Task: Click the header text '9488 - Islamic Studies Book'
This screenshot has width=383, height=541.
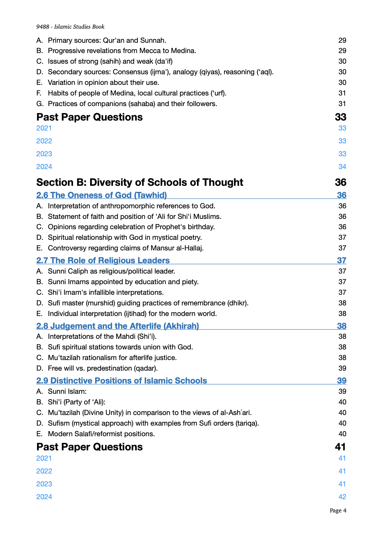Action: click(70, 27)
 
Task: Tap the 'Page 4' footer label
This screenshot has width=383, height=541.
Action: click(338, 510)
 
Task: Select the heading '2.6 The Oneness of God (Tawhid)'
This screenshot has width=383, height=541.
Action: click(101, 195)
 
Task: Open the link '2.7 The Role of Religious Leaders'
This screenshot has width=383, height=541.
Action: click(103, 260)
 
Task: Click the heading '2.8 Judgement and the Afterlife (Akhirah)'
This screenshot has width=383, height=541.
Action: click(117, 326)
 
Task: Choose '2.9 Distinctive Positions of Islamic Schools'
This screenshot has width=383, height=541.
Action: click(122, 381)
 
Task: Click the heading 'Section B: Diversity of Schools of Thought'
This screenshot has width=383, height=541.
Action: click(140, 182)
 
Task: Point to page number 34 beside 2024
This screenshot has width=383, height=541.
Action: click(342, 167)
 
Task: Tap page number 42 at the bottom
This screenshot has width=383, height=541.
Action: click(342, 497)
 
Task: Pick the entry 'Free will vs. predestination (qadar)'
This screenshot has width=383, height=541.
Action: click(103, 368)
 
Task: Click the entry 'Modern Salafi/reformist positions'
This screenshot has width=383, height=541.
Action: click(101, 434)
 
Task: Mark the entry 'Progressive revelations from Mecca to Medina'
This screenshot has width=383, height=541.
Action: click(122, 51)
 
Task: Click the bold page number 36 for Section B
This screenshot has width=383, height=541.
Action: click(340, 182)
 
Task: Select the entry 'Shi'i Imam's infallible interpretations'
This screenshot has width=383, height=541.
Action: click(106, 293)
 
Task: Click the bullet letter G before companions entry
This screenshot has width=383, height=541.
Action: click(40, 104)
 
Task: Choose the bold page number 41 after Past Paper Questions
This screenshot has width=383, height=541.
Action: click(340, 447)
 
